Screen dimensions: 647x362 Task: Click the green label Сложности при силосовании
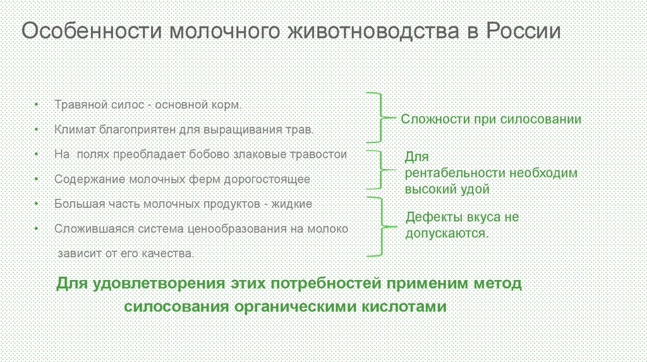[x=492, y=119]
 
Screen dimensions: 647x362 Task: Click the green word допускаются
[x=446, y=233]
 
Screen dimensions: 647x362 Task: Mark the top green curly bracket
[x=377, y=117]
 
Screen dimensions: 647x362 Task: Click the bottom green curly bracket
[x=378, y=226]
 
